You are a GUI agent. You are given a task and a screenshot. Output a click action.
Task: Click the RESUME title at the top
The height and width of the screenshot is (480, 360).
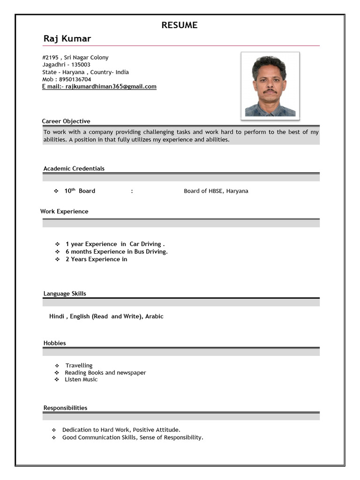(x=180, y=25)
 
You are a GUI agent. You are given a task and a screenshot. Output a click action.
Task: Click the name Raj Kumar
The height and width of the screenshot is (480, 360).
(x=67, y=38)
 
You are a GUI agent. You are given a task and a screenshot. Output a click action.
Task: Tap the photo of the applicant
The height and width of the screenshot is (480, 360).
(x=270, y=85)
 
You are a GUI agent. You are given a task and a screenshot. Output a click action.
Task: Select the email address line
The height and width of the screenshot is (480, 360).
(x=99, y=87)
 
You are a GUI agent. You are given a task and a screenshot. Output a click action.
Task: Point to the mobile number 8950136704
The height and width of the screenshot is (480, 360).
(x=75, y=79)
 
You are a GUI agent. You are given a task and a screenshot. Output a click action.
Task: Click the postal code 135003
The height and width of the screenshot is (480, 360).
(x=81, y=65)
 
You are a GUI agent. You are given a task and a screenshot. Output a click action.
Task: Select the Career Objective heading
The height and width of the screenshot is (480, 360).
(x=66, y=121)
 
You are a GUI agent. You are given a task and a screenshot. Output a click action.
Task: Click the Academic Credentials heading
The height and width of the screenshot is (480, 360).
(x=74, y=169)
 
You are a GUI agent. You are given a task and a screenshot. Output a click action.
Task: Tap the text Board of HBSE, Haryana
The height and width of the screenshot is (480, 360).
(x=216, y=191)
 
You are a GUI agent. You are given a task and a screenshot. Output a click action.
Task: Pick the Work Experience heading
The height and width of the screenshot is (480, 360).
(x=64, y=211)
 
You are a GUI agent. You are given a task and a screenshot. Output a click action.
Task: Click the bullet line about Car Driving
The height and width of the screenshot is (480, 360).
(x=115, y=244)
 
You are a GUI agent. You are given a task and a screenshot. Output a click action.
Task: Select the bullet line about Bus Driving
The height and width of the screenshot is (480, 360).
(x=116, y=252)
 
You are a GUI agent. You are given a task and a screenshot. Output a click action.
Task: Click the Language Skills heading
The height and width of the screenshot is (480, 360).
(x=65, y=294)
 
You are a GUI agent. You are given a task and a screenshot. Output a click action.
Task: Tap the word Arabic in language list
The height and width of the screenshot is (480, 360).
(x=154, y=316)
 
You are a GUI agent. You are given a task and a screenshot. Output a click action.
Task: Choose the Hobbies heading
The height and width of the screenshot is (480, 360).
(x=55, y=343)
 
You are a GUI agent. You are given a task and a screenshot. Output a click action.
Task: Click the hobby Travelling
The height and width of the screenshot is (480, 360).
(x=79, y=366)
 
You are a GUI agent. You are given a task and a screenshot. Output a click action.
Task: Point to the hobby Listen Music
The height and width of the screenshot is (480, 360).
(x=81, y=380)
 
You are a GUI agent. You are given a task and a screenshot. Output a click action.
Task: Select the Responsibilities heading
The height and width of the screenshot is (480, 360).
(x=65, y=408)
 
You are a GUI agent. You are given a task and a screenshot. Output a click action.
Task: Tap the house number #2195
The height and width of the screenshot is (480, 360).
(x=51, y=58)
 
